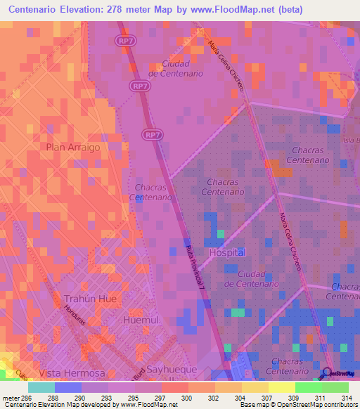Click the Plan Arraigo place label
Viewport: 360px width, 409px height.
pyautogui.click(x=73, y=148)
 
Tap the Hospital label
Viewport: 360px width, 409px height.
pyautogui.click(x=227, y=252)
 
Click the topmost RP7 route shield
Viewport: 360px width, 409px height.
pyautogui.click(x=124, y=41)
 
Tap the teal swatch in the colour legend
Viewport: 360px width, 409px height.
pyautogui.click(x=41, y=387)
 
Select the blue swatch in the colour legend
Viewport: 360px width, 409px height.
pyautogui.click(x=68, y=387)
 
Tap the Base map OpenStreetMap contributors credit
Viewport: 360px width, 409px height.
pyautogui.click(x=296, y=405)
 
